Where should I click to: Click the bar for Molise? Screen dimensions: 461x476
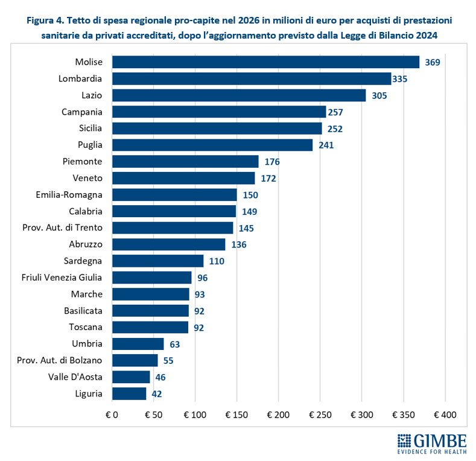[265, 62]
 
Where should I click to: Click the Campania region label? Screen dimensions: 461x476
[82, 112]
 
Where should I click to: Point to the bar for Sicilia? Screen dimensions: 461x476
[217, 129]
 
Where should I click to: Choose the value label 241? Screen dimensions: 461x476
[326, 145]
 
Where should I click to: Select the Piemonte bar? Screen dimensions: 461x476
[185, 162]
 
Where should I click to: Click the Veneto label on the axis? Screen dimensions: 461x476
[87, 178]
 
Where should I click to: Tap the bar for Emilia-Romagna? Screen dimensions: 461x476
[174, 194]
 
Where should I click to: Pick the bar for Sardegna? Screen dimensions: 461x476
[158, 261]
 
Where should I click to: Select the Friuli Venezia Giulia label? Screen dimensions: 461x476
[62, 278]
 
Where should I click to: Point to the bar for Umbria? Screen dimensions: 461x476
[138, 344]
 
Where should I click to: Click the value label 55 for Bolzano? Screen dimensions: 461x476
[168, 360]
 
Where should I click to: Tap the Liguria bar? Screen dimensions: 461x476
[129, 393]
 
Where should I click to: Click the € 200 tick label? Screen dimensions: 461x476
[278, 415]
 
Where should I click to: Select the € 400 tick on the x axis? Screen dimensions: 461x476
[445, 415]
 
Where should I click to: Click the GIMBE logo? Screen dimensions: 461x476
[432, 444]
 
